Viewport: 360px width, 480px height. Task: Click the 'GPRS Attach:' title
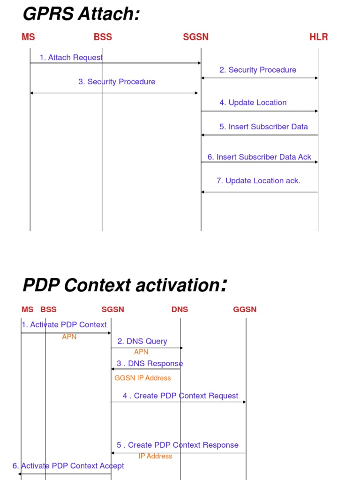(x=81, y=15)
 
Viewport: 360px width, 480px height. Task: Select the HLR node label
(x=319, y=37)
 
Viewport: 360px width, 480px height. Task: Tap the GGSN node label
(x=245, y=309)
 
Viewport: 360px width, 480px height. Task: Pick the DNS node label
(x=180, y=309)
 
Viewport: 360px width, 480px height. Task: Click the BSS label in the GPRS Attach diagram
(x=103, y=37)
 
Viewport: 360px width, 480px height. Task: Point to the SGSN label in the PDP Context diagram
(x=113, y=309)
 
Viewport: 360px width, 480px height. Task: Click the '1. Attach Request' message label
(x=71, y=58)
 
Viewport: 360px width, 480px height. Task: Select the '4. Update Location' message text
(x=253, y=103)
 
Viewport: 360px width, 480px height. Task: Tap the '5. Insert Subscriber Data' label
(x=263, y=127)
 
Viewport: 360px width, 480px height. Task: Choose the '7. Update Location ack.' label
(x=258, y=180)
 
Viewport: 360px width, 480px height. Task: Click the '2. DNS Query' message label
(x=142, y=341)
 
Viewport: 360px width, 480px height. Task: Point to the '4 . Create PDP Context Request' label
(x=180, y=396)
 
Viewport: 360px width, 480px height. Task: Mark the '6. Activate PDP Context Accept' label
(x=68, y=465)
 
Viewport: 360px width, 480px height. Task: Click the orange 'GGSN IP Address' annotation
(x=142, y=378)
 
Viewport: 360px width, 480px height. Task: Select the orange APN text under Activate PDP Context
(x=69, y=337)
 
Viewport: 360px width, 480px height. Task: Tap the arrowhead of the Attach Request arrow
(x=199, y=63)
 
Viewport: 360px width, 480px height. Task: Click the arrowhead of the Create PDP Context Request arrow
(x=244, y=402)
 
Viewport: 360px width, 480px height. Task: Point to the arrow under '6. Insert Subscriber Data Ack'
(x=259, y=162)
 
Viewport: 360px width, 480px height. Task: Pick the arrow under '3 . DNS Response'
(x=146, y=369)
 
